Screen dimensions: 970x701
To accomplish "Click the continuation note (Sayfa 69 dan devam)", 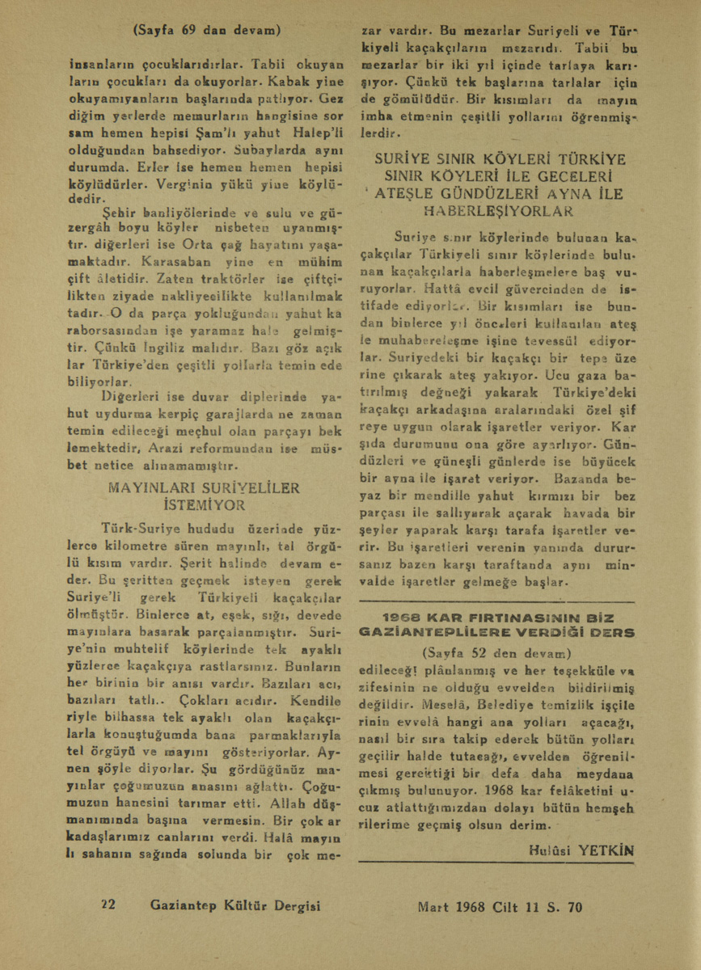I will pyautogui.click(x=206, y=31).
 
